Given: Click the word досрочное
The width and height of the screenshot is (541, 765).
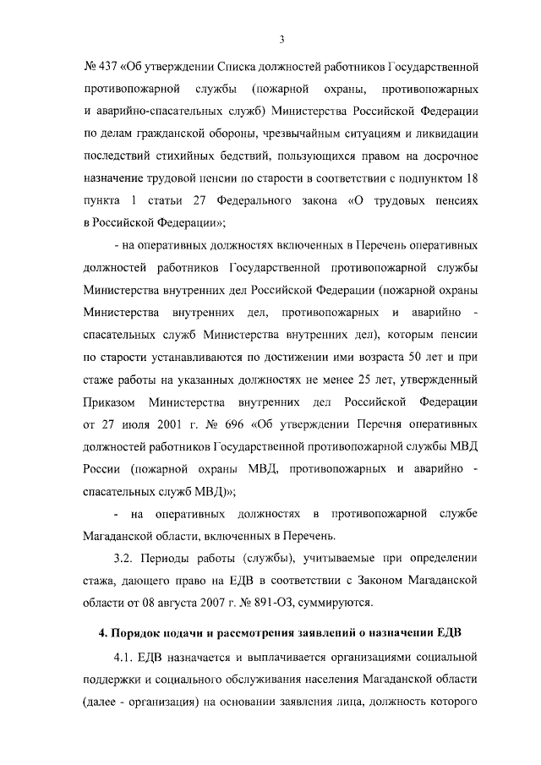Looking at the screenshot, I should coord(449,156).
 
